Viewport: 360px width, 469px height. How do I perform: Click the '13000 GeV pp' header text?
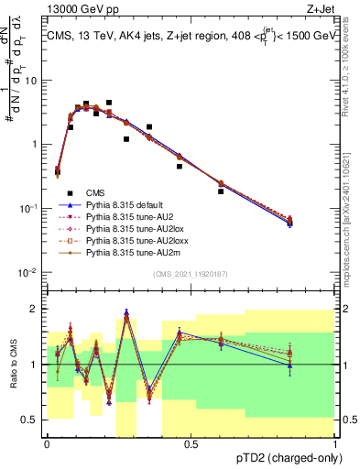82,8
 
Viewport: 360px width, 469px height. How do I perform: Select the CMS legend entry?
95,191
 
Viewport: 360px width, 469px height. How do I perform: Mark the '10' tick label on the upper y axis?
30,80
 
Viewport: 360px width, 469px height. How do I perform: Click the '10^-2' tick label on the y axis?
28,272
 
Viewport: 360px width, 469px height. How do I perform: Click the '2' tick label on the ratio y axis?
35,309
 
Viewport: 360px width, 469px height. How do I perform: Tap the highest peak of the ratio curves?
125,317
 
